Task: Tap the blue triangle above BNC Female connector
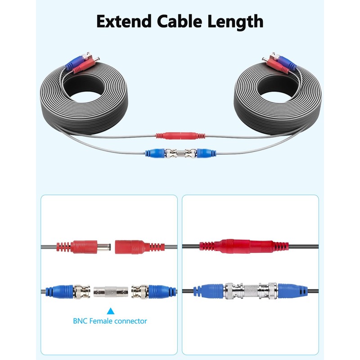(110, 310)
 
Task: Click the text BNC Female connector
(110, 321)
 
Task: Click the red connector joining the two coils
(180, 135)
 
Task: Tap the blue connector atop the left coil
(72, 64)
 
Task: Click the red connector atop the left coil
(84, 66)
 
